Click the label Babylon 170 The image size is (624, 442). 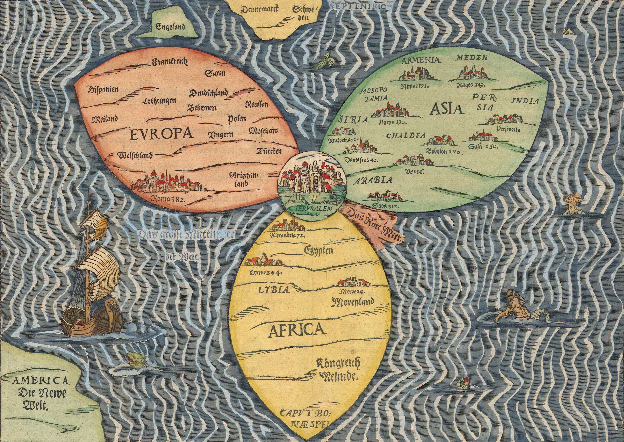pos(445,152)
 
